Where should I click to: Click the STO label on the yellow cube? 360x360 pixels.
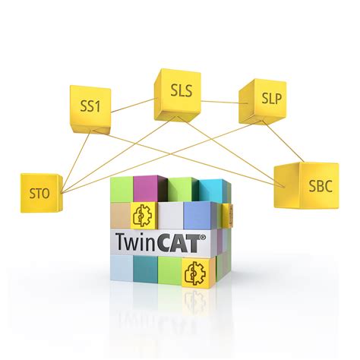point(39,194)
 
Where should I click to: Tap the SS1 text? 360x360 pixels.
point(90,106)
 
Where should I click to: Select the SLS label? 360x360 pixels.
point(182,90)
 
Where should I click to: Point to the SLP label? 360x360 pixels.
point(271,98)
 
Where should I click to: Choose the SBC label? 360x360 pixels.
point(321,186)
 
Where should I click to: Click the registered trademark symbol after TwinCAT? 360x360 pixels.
point(203,237)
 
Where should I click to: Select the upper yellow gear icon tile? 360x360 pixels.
point(144,216)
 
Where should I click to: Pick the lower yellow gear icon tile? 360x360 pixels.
point(196,273)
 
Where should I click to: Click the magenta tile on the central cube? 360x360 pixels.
point(147,189)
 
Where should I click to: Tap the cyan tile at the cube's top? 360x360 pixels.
point(212,191)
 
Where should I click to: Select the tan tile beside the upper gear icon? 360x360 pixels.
point(121,215)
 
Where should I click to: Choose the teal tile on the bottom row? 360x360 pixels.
point(145,269)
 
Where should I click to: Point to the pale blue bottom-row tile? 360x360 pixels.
point(122,268)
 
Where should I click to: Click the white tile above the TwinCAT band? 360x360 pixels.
point(171,216)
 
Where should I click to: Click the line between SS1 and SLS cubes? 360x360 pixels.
point(133,106)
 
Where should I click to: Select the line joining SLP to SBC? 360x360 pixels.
point(283,141)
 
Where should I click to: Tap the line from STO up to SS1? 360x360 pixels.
point(76,163)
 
